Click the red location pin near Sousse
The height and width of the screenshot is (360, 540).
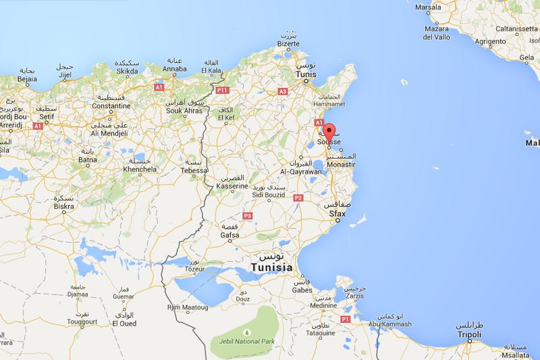click(x=329, y=132)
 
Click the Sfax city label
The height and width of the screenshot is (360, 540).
click(x=337, y=213)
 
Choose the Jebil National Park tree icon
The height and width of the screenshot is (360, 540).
click(x=247, y=332)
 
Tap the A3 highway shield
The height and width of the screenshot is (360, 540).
click(x=282, y=90)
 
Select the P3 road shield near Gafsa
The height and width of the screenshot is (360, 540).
click(x=247, y=215)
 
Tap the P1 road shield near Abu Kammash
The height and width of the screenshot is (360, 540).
click(x=344, y=318)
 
